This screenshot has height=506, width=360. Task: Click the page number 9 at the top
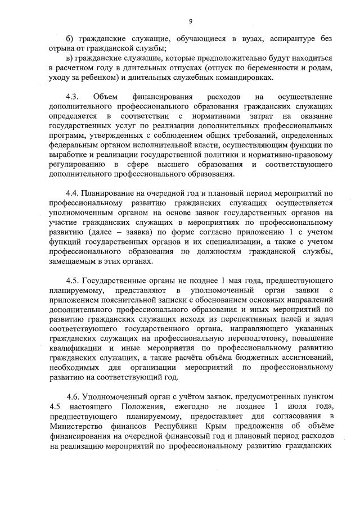[x=190, y=21]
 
